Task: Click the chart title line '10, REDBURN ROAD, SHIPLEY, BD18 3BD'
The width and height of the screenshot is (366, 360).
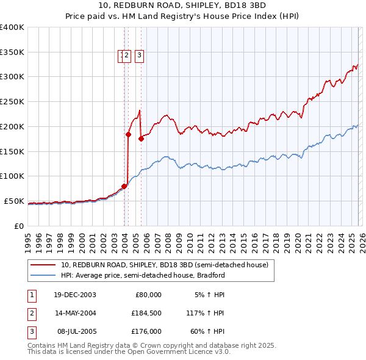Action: point(183,5)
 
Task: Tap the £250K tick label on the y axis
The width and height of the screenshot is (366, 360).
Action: point(12,102)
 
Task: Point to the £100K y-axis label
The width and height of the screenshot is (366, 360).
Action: point(12,176)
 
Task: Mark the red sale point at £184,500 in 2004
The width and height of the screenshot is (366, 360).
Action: point(129,134)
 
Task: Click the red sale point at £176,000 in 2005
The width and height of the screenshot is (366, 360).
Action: point(141,139)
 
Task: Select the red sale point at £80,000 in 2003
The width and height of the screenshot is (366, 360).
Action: point(124,186)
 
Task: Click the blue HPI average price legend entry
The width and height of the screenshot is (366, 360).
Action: point(143,275)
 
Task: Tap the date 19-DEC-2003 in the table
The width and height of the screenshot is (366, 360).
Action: point(74,295)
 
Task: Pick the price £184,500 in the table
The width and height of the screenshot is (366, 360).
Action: point(146,313)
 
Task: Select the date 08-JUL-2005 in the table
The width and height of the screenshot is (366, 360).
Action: point(74,331)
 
